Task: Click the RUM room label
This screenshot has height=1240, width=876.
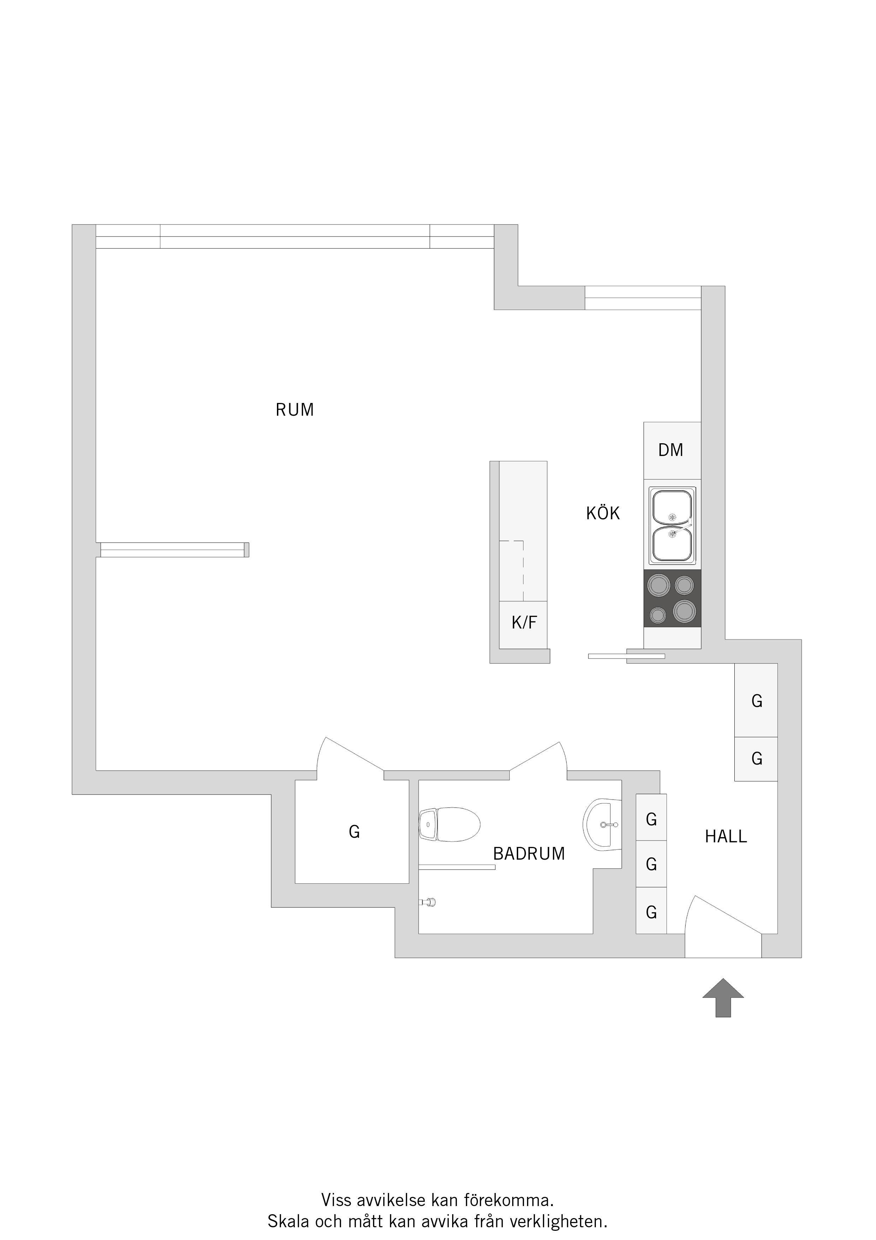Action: point(295,410)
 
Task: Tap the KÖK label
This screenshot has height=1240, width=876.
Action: point(603,513)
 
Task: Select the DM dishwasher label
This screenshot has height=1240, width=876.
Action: point(671,450)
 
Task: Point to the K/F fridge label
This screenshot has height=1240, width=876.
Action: point(525,623)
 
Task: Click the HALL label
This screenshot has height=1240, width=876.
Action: point(726,837)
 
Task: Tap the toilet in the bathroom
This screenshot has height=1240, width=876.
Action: point(450,824)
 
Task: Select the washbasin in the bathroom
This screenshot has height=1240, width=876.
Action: point(602,825)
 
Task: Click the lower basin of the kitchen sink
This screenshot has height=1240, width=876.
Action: point(672,544)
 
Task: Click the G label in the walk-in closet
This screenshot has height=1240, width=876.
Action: point(354,832)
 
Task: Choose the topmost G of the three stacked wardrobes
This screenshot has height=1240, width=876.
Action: point(651,819)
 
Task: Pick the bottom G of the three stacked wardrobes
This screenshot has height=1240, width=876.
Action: point(651,912)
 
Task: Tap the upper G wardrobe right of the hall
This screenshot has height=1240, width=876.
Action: point(757,701)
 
